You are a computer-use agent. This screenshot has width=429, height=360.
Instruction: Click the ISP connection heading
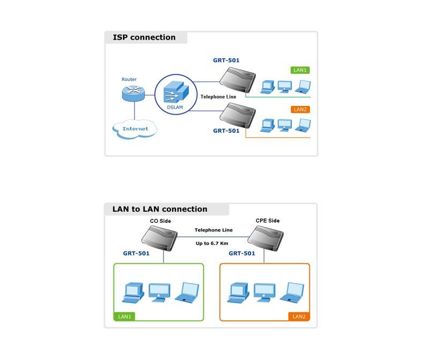pyautogui.click(x=144, y=37)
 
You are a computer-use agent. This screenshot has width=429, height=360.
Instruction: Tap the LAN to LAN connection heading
pyautogui.click(x=160, y=209)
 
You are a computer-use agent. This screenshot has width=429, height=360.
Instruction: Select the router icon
pyautogui.click(x=133, y=93)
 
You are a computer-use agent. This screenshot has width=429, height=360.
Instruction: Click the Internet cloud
pyautogui.click(x=135, y=129)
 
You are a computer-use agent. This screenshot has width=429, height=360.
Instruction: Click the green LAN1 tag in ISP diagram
pyautogui.click(x=300, y=70)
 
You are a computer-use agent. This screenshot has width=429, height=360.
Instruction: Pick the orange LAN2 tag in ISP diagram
pyautogui.click(x=300, y=110)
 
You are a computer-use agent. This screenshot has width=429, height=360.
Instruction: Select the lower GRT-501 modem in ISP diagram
pyautogui.click(x=238, y=115)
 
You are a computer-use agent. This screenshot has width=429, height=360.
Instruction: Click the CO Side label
pyautogui.click(x=160, y=221)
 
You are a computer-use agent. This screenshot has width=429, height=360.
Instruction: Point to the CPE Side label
pyautogui.click(x=268, y=221)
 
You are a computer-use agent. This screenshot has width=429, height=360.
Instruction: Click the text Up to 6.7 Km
pyautogui.click(x=212, y=243)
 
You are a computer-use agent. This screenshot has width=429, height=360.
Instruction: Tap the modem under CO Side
pyautogui.click(x=159, y=239)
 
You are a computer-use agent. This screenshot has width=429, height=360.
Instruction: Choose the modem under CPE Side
pyautogui.click(x=265, y=239)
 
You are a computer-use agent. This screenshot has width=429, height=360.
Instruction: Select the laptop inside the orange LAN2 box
pyautogui.click(x=292, y=292)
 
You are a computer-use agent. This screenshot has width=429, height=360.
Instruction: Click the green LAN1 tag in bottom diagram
pyautogui.click(x=124, y=317)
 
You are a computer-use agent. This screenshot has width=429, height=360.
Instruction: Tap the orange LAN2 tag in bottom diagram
pyautogui.click(x=299, y=317)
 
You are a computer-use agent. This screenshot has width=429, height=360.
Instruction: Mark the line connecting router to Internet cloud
pyautogui.click(x=135, y=111)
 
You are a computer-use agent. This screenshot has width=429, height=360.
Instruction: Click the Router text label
pyautogui.click(x=129, y=79)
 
